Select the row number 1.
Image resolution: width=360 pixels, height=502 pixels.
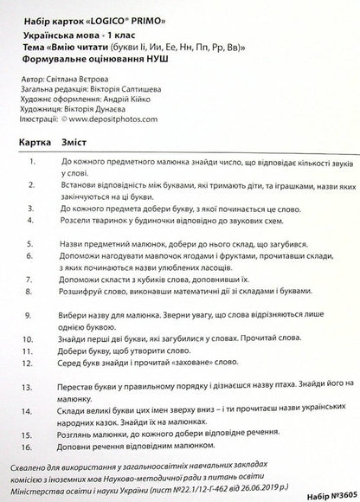32,162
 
